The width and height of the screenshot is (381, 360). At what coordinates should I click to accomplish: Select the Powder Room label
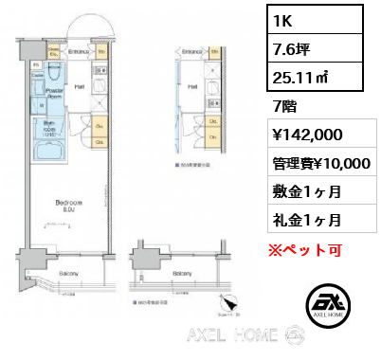(54, 93)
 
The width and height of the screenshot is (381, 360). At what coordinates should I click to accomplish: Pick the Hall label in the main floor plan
(79, 86)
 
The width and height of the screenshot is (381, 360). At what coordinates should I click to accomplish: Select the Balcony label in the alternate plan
(183, 274)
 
